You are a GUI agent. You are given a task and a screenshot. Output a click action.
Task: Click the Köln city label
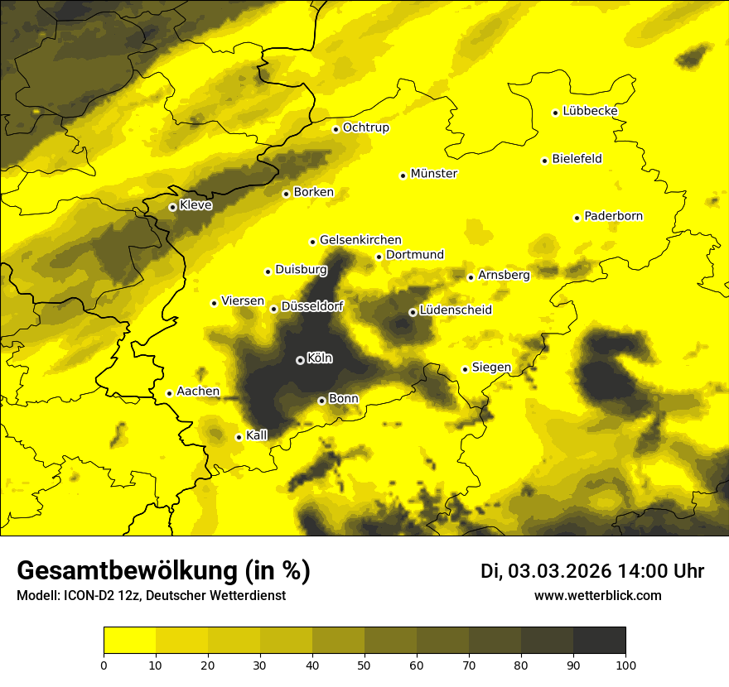[x=320, y=358]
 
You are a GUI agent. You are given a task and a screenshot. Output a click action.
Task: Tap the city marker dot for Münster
[x=403, y=175]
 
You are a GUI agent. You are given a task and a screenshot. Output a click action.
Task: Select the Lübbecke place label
[x=590, y=111]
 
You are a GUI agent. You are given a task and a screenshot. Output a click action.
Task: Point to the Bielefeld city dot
[x=544, y=161]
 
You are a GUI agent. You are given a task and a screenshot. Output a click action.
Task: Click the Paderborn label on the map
[x=613, y=216]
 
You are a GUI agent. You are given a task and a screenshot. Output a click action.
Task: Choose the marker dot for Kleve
[x=172, y=207]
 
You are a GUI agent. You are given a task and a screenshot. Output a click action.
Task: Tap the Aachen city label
[x=198, y=392]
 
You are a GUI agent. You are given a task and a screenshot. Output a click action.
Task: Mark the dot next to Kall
[x=239, y=437]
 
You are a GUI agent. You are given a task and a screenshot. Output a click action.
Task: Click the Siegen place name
[x=491, y=368]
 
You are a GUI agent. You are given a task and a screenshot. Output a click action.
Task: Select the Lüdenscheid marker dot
[x=413, y=312]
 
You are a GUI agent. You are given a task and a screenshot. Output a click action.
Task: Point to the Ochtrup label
[x=365, y=127]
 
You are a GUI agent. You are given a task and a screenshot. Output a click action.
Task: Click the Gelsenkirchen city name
[x=360, y=240]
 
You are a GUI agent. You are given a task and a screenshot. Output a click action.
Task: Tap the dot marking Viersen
[x=214, y=303]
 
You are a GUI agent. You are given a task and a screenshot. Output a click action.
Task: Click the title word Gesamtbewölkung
[x=128, y=571]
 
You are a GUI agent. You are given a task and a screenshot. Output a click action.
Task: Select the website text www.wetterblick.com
[x=597, y=596]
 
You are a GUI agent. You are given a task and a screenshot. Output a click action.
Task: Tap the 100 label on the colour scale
[x=625, y=664]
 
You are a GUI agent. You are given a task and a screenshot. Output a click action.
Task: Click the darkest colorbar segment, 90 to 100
[x=599, y=641]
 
